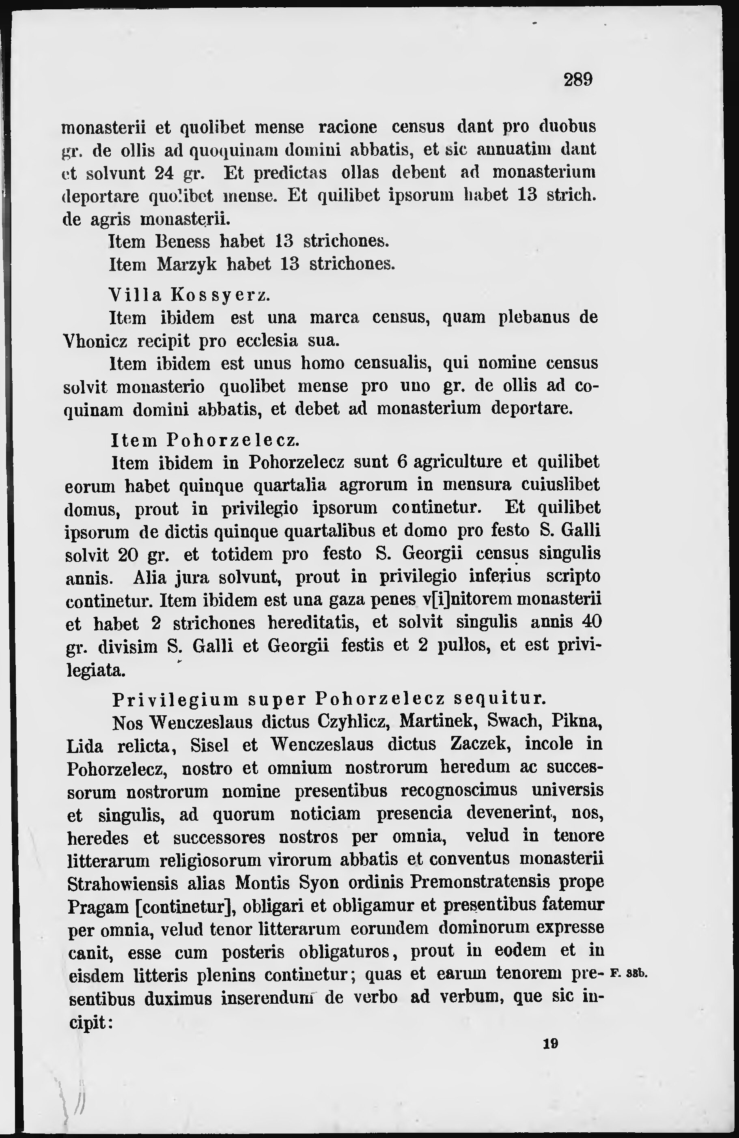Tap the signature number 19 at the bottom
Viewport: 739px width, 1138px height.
pos(551,1043)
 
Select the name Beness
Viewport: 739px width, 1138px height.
pos(183,241)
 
